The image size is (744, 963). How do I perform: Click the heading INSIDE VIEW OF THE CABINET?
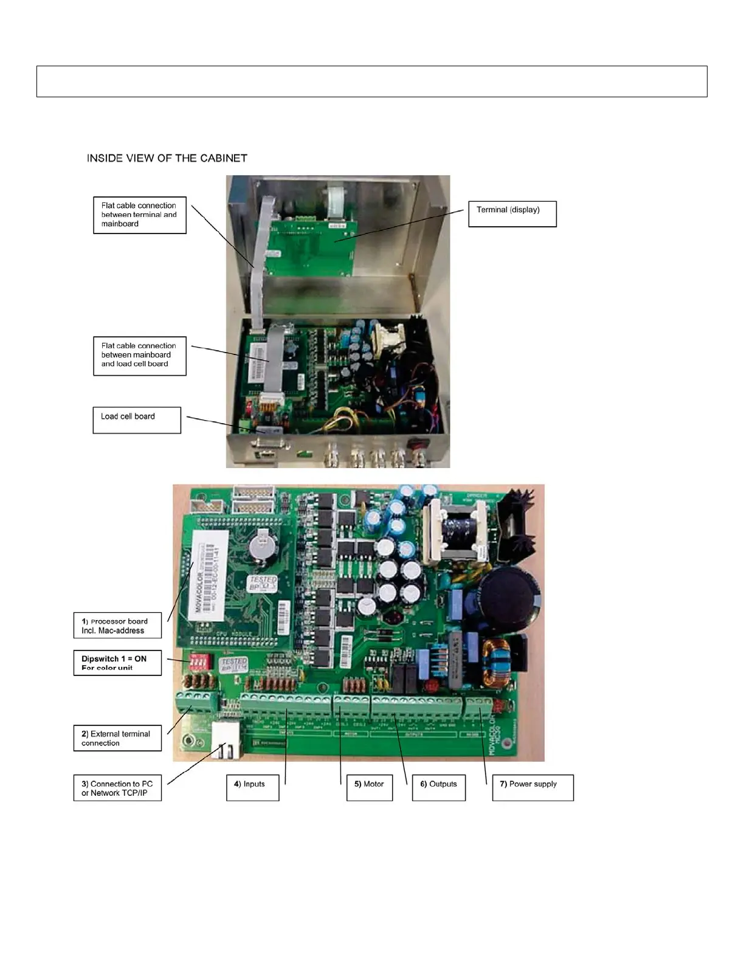tap(167, 158)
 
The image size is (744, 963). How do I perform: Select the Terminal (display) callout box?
tap(512, 214)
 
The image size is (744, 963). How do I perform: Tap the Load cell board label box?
tap(137, 419)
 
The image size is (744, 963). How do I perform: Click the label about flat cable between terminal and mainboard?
tap(140, 215)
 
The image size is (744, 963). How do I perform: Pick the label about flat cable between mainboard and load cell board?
tap(140, 356)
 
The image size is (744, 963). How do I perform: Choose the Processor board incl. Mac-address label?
tap(117, 626)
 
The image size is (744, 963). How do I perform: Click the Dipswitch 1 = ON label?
tap(117, 663)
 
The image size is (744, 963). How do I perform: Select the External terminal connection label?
tap(117, 738)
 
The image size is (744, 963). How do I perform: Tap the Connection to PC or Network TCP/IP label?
tap(117, 788)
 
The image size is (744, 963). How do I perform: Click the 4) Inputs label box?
tap(252, 787)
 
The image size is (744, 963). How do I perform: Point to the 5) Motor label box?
tap(370, 787)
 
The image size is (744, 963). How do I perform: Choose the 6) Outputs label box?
tap(439, 787)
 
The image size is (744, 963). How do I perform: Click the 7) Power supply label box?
tap(532, 787)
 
